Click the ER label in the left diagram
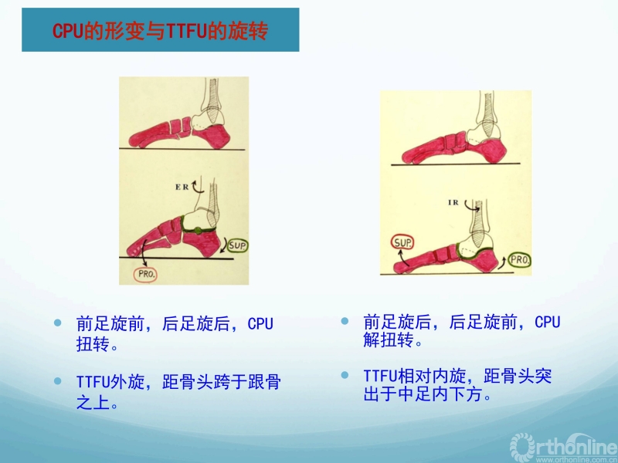[182, 187]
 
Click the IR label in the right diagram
[453, 202]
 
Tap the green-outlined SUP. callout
[237, 246]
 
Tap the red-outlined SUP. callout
[402, 242]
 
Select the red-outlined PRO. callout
[146, 275]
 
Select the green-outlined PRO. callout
[519, 260]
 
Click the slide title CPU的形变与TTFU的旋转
[161, 31]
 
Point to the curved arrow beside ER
[198, 187]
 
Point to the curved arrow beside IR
[471, 206]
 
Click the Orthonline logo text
[564, 447]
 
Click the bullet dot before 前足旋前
[58, 323]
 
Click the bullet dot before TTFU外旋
[58, 381]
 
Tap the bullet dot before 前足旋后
[345, 321]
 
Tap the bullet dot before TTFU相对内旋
[345, 375]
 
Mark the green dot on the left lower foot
[199, 231]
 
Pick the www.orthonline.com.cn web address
[576, 459]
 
